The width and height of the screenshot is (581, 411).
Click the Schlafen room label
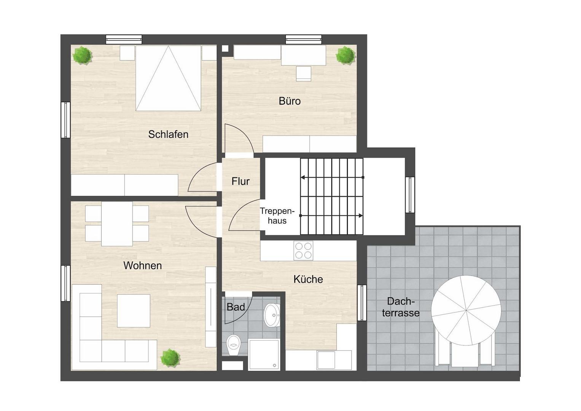coord(168,134)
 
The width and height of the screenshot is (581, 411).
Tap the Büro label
coord(290,101)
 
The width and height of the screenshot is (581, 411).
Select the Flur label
coord(240,182)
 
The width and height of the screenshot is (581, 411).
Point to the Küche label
coord(308,279)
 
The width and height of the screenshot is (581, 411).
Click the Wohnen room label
coord(142,266)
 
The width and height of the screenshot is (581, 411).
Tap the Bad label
coord(236,307)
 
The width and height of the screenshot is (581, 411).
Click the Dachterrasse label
coord(401,307)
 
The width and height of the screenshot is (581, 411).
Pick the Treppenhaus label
coord(277,216)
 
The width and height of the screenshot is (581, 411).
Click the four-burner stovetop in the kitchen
coord(303,251)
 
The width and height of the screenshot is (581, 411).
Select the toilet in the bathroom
coord(234,345)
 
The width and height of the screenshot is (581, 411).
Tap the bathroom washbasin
coord(272,315)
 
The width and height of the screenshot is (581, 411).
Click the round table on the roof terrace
coord(466,310)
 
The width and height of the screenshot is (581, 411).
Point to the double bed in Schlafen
coord(168,78)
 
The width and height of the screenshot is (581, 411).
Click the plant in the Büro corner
coord(345,56)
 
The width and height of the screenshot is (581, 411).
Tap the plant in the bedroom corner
coord(82,55)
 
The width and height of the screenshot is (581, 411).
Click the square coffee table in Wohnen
coord(134,311)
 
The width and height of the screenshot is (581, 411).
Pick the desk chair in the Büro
coord(304,74)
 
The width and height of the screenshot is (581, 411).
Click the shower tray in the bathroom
coord(264,354)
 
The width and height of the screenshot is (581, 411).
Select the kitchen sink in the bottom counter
coord(326,360)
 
